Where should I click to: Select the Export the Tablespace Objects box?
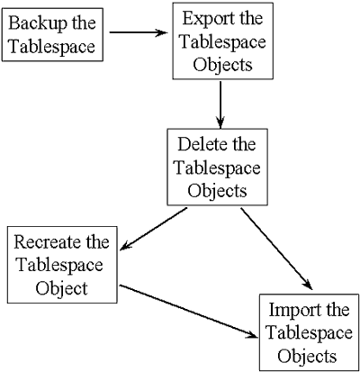click(220, 42)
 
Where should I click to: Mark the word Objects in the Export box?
click(220, 65)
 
